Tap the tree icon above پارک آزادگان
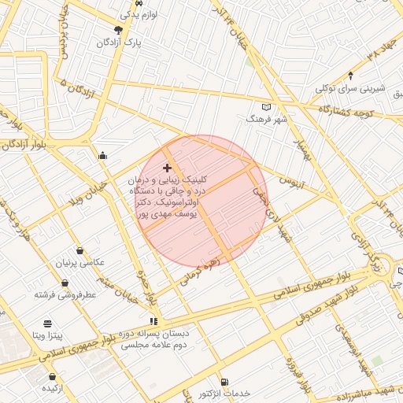tap(118, 30)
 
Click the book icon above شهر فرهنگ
tap(266, 106)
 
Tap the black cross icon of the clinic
tap(167, 168)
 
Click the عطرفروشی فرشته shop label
tap(65, 294)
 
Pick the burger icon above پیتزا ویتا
tap(47, 324)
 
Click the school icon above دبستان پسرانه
tap(153, 321)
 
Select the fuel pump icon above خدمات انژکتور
tap(224, 380)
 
